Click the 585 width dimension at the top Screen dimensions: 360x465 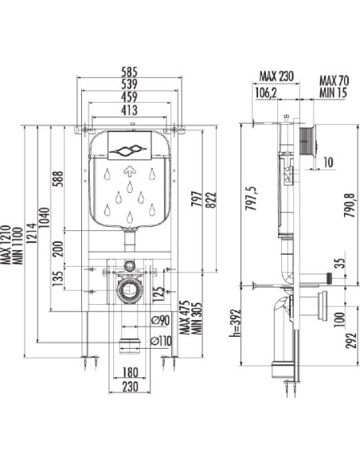[x=130, y=72]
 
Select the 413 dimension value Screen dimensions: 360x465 [x=129, y=111]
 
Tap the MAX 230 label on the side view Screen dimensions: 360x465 [x=276, y=76]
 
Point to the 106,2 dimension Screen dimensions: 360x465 [x=266, y=93]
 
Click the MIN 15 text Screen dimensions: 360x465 [x=333, y=93]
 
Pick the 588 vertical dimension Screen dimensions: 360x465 [x=58, y=178]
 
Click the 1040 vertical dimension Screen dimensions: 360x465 [x=45, y=217]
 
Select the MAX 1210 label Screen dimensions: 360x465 [x=6, y=244]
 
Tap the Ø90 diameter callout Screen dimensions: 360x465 [x=160, y=321]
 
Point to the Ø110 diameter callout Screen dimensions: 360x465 [x=161, y=341]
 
